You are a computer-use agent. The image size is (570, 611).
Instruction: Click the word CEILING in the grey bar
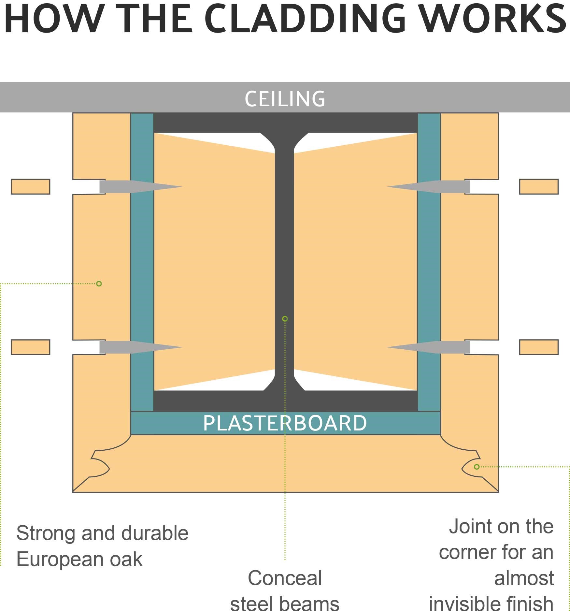[x=285, y=99]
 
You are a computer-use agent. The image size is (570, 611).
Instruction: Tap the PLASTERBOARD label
[x=285, y=423]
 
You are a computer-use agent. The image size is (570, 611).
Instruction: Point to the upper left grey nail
[x=137, y=187]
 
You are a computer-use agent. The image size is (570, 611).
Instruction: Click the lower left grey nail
[x=137, y=347]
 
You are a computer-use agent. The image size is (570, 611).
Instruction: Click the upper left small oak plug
[x=31, y=187]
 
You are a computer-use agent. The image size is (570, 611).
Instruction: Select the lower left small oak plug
[x=31, y=347]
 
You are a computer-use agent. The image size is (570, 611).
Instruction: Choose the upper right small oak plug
[x=539, y=187]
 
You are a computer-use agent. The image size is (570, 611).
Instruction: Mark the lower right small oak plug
[x=539, y=347]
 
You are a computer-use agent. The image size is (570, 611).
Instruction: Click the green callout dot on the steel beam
[x=285, y=319]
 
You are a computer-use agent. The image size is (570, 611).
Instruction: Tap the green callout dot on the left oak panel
[x=99, y=284]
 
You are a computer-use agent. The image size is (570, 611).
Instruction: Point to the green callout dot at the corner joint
[x=477, y=467]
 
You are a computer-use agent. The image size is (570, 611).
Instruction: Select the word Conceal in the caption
[x=285, y=578]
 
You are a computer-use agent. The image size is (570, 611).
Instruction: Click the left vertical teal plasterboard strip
[x=142, y=261]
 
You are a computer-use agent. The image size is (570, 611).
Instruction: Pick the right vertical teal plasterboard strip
[x=429, y=261]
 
